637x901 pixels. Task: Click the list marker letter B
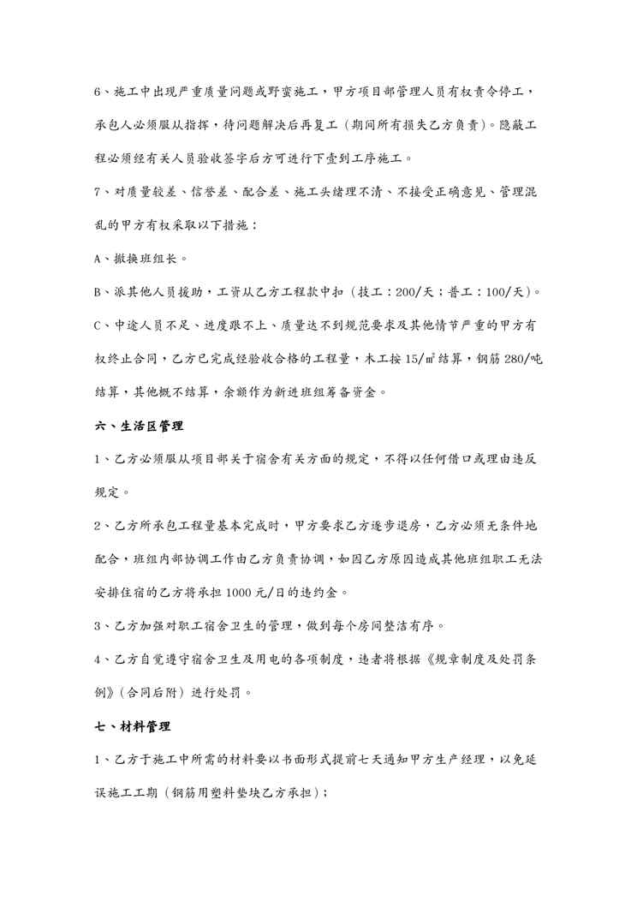pyautogui.click(x=97, y=293)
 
